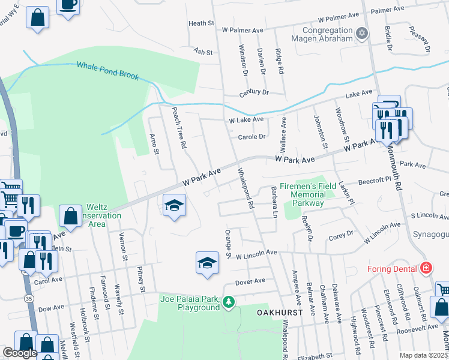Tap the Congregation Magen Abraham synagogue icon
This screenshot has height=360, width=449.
pyautogui.click(x=361, y=34)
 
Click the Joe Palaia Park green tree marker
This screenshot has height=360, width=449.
pyautogui.click(x=228, y=301)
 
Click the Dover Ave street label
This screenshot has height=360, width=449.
pyautogui.click(x=250, y=281)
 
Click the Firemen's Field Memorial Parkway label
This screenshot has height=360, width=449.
pyautogui.click(x=307, y=195)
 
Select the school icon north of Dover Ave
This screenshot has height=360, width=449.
pyautogui.click(x=207, y=262)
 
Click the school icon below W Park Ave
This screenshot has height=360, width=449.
pyautogui.click(x=174, y=206)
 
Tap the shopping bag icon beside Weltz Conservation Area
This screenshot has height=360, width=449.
pyautogui.click(x=70, y=215)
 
